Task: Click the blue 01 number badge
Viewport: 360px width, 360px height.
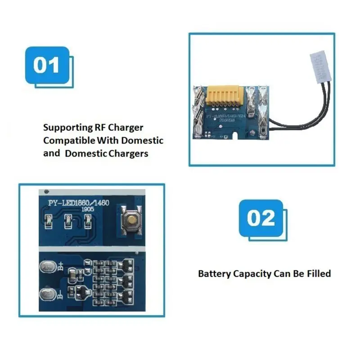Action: click(47, 65)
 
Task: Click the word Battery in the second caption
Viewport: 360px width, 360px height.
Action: click(214, 274)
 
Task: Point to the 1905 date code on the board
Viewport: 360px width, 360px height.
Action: click(87, 210)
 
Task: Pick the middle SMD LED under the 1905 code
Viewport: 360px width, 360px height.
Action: click(69, 220)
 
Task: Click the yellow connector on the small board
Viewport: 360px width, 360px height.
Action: click(225, 96)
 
